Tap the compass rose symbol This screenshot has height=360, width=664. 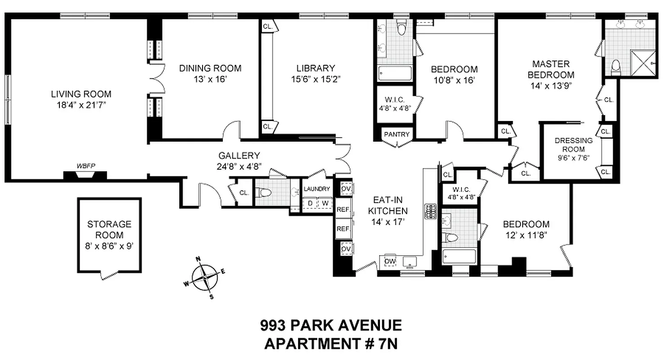(205, 278)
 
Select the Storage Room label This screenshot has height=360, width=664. (109, 229)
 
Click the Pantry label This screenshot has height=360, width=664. (397, 134)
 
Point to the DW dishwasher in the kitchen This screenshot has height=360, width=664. (389, 261)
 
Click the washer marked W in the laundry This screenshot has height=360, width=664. (324, 203)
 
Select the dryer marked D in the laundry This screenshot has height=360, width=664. (310, 203)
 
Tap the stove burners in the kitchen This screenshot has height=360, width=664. (430, 211)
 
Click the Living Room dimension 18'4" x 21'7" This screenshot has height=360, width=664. (81, 105)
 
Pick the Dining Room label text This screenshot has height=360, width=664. (210, 68)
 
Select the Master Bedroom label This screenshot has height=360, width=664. (551, 69)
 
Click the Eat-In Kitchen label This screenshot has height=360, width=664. (388, 205)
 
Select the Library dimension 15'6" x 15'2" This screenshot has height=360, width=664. (316, 79)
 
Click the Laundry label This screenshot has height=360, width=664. (317, 189)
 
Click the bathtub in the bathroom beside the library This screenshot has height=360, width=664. (395, 73)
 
